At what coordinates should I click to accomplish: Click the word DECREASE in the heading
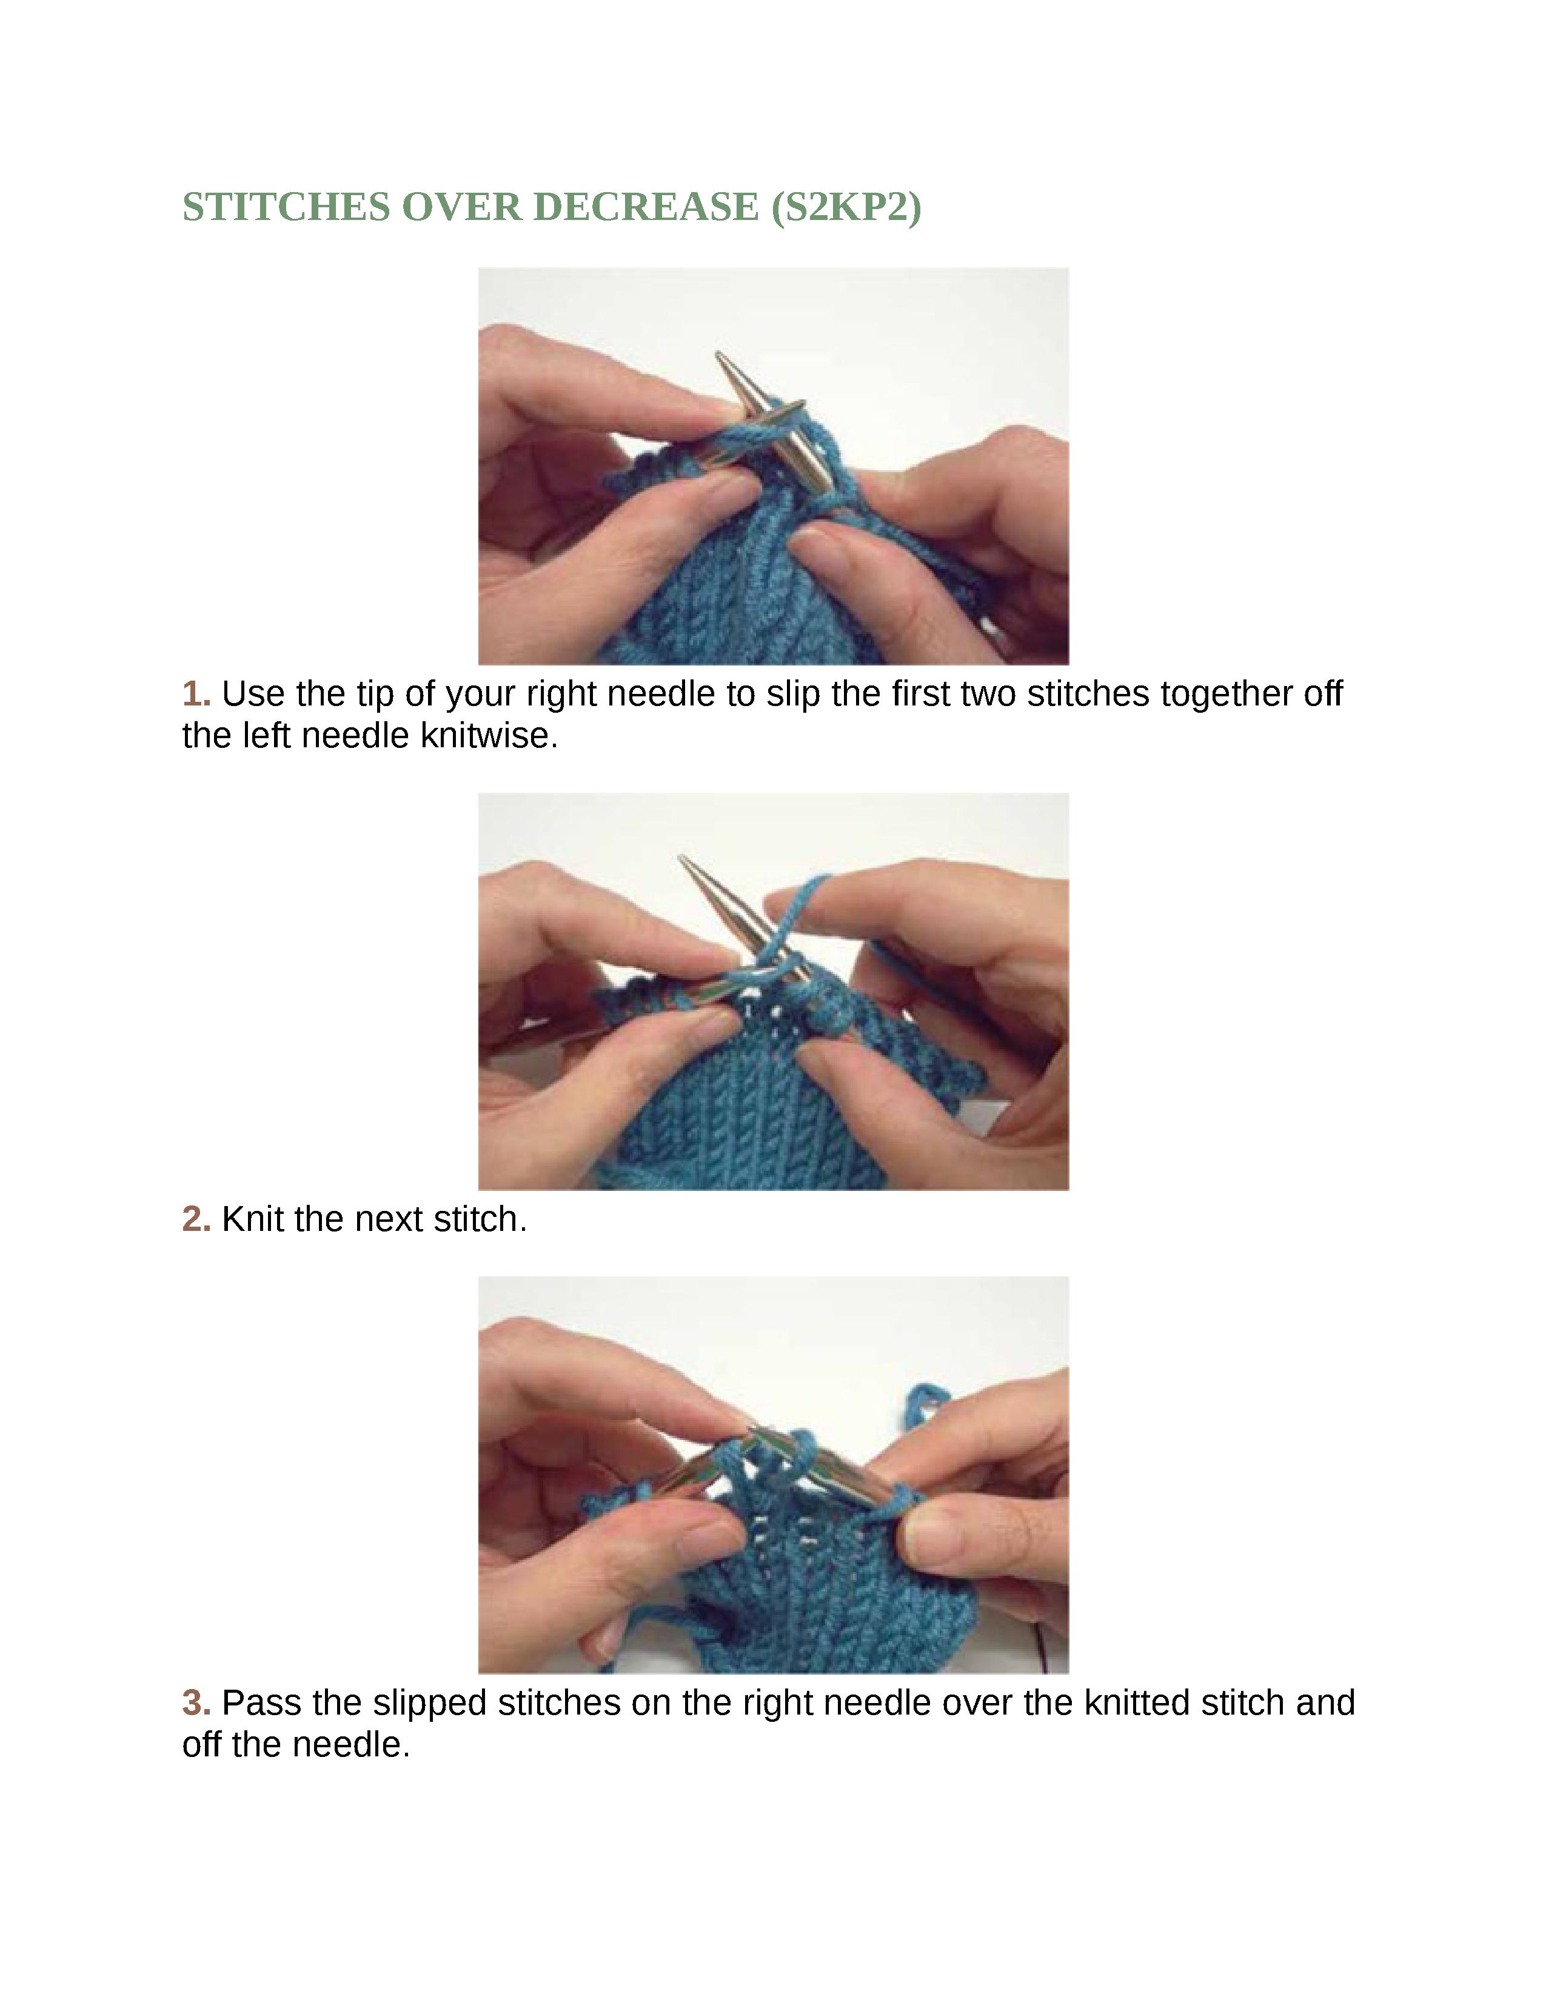646,207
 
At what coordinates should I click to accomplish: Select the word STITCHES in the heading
287,207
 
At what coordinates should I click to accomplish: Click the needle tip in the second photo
681,858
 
